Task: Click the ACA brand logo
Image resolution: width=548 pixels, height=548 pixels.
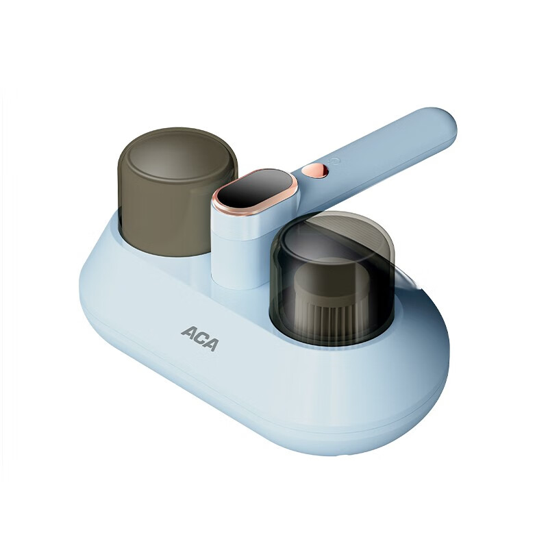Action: click(x=200, y=338)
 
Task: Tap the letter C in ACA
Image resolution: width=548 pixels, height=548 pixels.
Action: click(x=199, y=338)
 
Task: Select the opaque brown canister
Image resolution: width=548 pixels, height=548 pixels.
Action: click(x=177, y=191)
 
